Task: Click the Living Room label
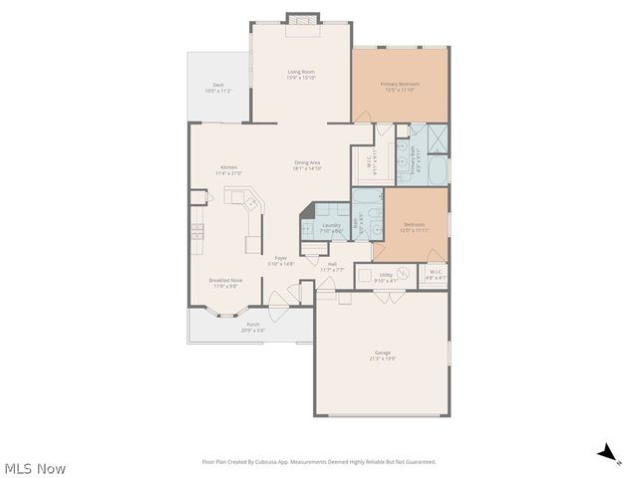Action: [x=301, y=71]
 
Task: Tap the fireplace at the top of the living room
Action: [x=301, y=18]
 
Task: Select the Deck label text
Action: [x=217, y=85]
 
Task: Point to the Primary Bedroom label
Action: [x=400, y=84]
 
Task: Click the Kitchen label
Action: [x=228, y=167]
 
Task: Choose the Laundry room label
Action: [x=332, y=225]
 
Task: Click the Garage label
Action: [x=382, y=353]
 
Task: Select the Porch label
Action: [x=253, y=325]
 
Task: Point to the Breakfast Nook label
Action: [x=223, y=280]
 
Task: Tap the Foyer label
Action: [x=282, y=258]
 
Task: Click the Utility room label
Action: [x=385, y=275]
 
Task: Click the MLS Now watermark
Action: [x=35, y=468]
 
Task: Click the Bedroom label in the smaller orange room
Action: [x=414, y=224]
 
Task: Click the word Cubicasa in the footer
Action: [x=265, y=462]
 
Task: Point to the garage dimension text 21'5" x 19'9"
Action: [x=382, y=358]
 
